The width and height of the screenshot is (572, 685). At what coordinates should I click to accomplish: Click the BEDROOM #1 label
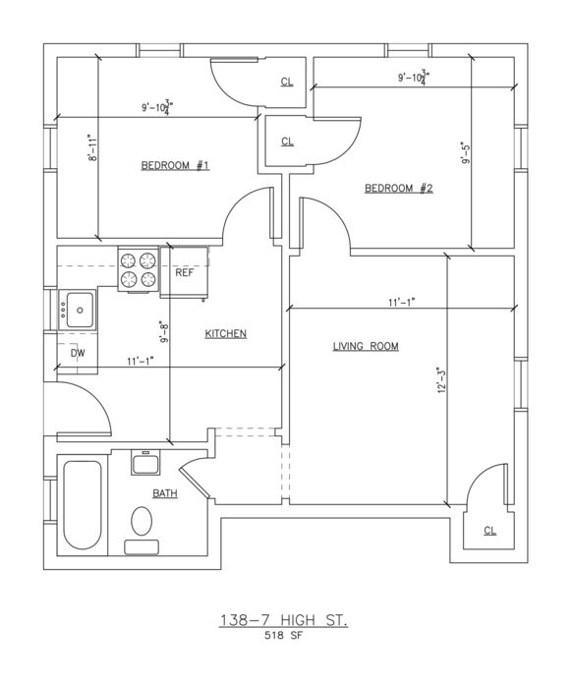pyautogui.click(x=175, y=165)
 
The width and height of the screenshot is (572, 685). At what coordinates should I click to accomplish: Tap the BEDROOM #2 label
pyautogui.click(x=398, y=189)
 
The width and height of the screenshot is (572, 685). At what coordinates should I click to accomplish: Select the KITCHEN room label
pyautogui.click(x=225, y=334)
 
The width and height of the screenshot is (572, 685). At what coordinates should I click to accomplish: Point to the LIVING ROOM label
pyautogui.click(x=366, y=347)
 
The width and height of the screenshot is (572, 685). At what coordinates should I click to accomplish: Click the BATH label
pyautogui.click(x=165, y=493)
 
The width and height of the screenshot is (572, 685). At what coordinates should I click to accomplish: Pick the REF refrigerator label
pyautogui.click(x=185, y=273)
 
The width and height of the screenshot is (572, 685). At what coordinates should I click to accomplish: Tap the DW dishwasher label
pyautogui.click(x=78, y=353)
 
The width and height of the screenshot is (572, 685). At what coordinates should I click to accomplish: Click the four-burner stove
pyautogui.click(x=138, y=268)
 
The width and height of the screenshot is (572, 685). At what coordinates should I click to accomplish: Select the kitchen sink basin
pyautogui.click(x=79, y=310)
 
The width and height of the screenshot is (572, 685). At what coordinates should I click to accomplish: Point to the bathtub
pyautogui.click(x=83, y=505)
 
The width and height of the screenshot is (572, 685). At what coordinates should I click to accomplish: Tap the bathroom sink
pyautogui.click(x=145, y=462)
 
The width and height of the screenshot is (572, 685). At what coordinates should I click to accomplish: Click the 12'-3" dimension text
pyautogui.click(x=441, y=381)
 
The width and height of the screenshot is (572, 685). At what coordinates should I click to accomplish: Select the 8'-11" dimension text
pyautogui.click(x=91, y=147)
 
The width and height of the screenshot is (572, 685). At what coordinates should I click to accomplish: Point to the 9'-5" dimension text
pyautogui.click(x=466, y=152)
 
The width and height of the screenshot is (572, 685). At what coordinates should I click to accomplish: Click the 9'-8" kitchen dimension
pyautogui.click(x=163, y=332)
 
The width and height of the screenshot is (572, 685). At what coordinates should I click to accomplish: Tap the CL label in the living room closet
pyautogui.click(x=489, y=531)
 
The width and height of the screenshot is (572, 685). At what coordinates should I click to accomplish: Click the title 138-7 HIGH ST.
pyautogui.click(x=283, y=620)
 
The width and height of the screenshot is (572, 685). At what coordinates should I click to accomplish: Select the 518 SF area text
pyautogui.click(x=283, y=636)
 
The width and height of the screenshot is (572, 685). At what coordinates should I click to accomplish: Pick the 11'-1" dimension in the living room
pyautogui.click(x=401, y=302)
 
